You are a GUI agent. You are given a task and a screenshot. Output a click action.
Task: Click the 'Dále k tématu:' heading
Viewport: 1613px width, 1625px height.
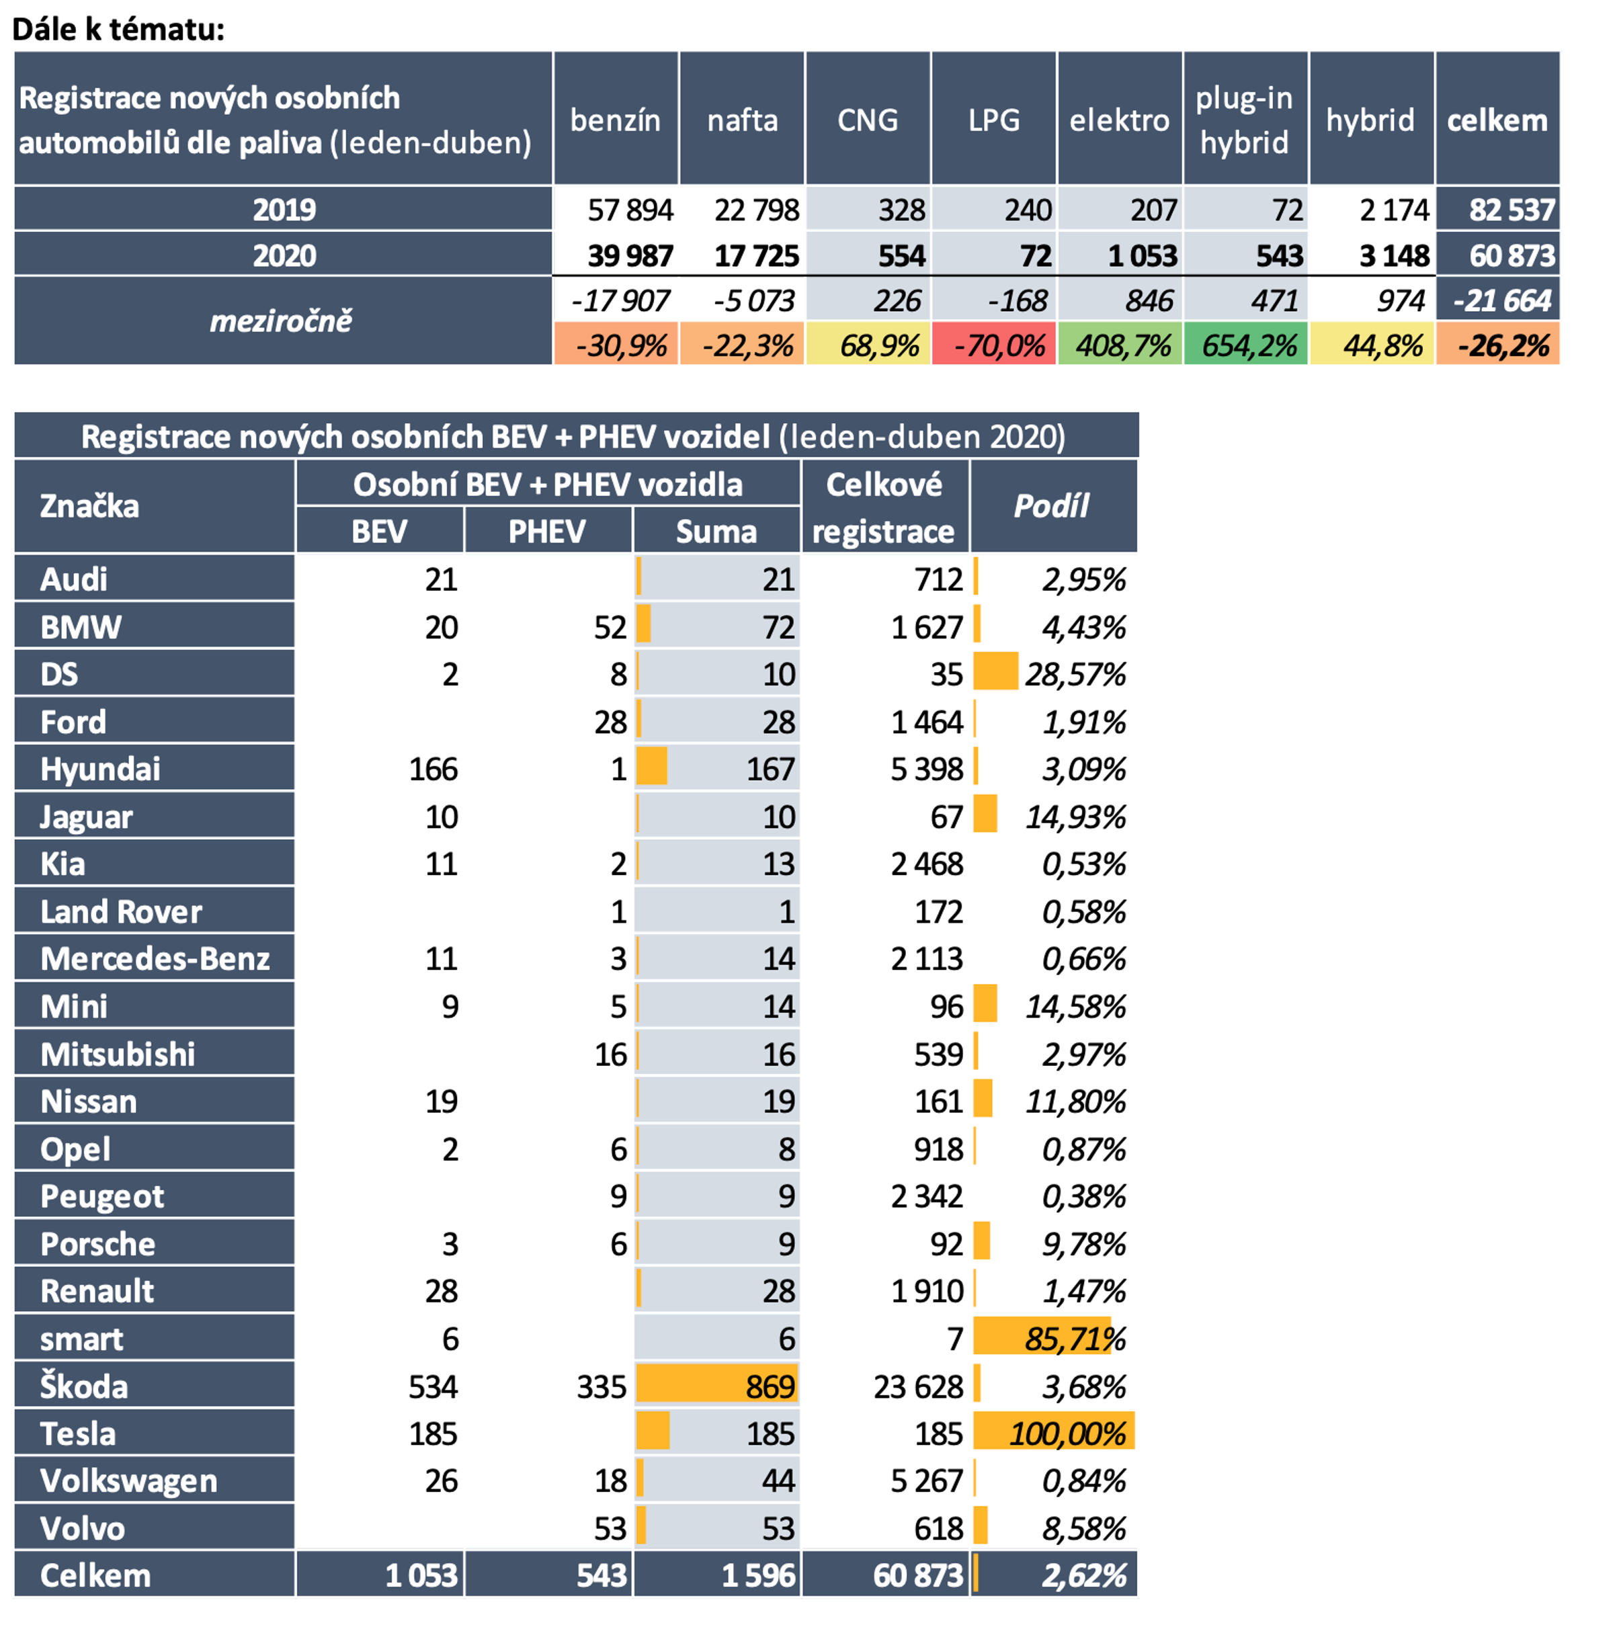point(118,30)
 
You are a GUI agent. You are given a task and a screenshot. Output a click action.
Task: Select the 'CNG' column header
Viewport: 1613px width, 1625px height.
point(867,120)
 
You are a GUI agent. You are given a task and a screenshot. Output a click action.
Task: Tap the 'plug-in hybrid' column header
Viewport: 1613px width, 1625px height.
point(1244,120)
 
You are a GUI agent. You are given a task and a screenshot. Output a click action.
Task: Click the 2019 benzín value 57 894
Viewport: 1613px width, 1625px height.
point(630,210)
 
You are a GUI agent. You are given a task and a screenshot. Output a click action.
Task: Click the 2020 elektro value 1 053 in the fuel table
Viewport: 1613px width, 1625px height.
point(1142,255)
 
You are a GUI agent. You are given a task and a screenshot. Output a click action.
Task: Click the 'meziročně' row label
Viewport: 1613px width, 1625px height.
point(281,321)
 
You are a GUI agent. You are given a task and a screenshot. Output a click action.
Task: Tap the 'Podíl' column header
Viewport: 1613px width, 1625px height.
point(1051,506)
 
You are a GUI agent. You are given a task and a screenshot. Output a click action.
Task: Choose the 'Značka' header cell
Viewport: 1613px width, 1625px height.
point(90,506)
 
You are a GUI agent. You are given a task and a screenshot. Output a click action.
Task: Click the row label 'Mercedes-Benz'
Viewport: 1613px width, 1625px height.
point(155,959)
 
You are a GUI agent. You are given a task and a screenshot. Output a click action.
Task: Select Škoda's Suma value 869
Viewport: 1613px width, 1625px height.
point(770,1387)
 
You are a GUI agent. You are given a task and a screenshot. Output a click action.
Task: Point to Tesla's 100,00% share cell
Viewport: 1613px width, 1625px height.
point(1067,1434)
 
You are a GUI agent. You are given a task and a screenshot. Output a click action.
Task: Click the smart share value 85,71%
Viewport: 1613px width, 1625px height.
point(1074,1339)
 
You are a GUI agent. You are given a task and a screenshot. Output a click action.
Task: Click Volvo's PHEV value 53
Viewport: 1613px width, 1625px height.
point(610,1529)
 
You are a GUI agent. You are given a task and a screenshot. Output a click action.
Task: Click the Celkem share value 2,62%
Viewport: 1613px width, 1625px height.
point(1083,1576)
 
